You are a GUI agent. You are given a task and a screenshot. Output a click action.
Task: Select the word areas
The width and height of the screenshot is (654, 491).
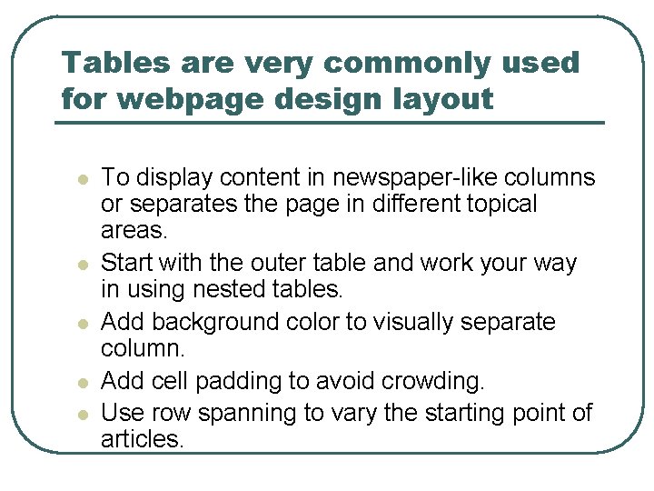pyautogui.click(x=133, y=230)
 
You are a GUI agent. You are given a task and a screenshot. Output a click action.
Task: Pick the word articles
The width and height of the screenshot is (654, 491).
pyautogui.click(x=143, y=440)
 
